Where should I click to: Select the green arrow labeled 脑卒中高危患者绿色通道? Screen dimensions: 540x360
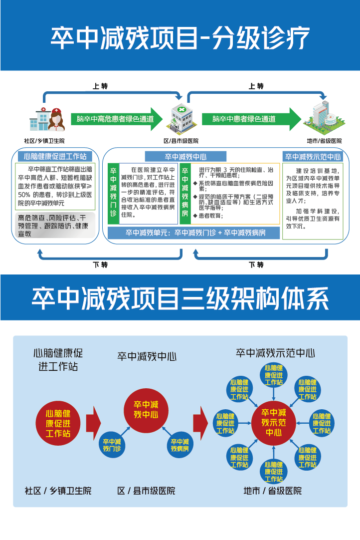pyautogui.click(x=117, y=119)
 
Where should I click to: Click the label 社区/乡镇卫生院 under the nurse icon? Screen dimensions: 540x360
pyautogui.click(x=44, y=141)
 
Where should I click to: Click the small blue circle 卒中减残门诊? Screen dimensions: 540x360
pyautogui.click(x=112, y=444)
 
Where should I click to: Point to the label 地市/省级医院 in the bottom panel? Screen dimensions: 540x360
pyautogui.click(x=273, y=491)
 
